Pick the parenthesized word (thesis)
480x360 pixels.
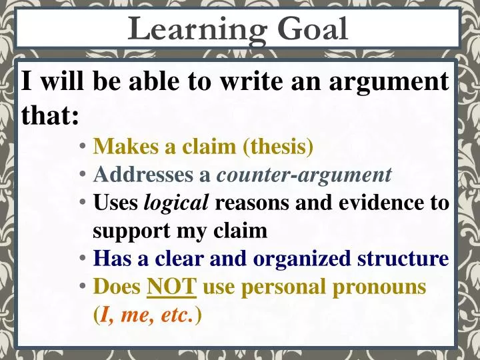coord(278,145)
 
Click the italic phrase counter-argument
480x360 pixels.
coord(304,174)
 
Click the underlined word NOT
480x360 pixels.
coord(171,287)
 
